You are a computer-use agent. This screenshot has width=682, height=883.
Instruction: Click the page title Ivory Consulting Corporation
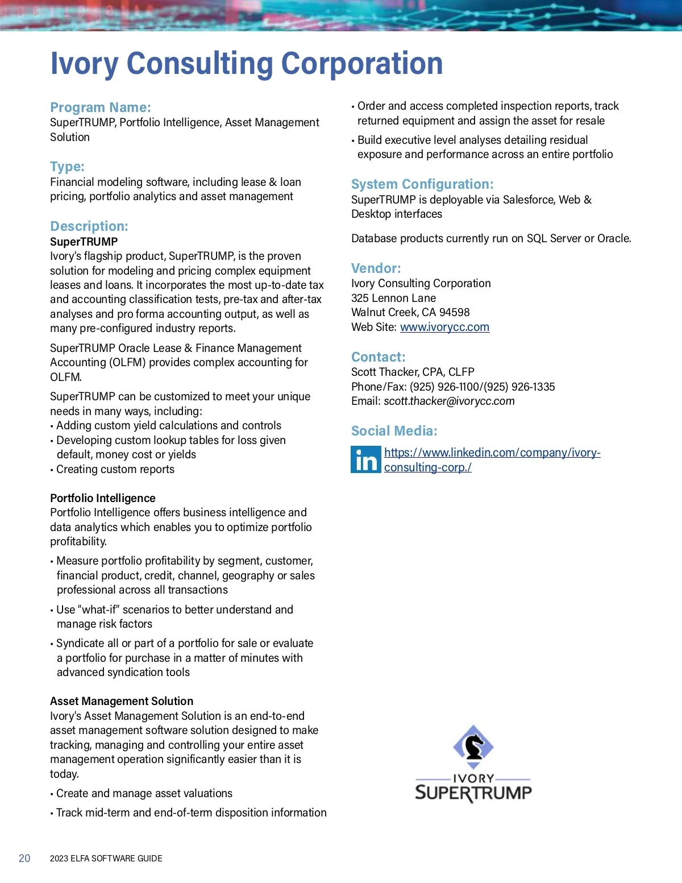pyautogui.click(x=246, y=64)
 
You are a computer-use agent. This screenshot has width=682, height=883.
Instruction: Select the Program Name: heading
pyautogui.click(x=101, y=107)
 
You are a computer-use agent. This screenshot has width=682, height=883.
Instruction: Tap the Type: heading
pyautogui.click(x=67, y=167)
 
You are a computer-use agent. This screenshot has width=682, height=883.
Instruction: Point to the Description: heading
pyautogui.click(x=89, y=226)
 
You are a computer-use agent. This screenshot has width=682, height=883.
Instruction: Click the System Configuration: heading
pyautogui.click(x=422, y=184)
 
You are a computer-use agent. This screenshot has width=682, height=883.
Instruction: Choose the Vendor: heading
pyautogui.click(x=376, y=268)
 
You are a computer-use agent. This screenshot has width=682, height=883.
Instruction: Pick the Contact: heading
pyautogui.click(x=379, y=357)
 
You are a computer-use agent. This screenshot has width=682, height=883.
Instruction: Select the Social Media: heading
pyautogui.click(x=394, y=431)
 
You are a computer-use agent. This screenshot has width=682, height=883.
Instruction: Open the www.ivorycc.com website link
pyautogui.click(x=444, y=327)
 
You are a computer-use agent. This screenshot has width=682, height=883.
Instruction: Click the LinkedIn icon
pyautogui.click(x=365, y=459)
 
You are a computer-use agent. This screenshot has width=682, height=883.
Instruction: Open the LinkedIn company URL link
pyautogui.click(x=492, y=453)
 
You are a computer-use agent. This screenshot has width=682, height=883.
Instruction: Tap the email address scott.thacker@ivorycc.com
pyautogui.click(x=449, y=401)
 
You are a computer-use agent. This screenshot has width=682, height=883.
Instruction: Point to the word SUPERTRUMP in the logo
pyautogui.click(x=473, y=793)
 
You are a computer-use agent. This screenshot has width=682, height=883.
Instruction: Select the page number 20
pyautogui.click(x=24, y=859)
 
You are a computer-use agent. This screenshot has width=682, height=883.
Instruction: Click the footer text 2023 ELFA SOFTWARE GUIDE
pyautogui.click(x=106, y=859)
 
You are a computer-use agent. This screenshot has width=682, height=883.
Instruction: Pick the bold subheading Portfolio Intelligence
pyautogui.click(x=103, y=498)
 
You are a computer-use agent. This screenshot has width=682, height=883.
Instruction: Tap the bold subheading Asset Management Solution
pyautogui.click(x=122, y=701)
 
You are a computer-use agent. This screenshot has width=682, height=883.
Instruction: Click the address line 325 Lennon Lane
pyautogui.click(x=393, y=298)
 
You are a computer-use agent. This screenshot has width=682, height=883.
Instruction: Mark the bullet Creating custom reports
pyautogui.click(x=115, y=469)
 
